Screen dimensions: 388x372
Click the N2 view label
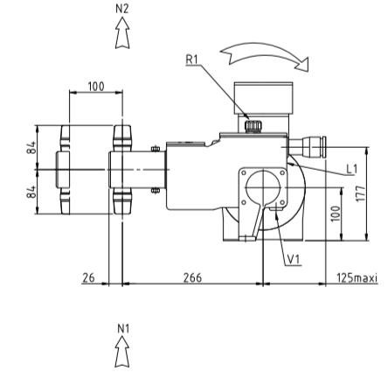point(122,9)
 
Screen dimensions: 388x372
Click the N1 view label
point(123,329)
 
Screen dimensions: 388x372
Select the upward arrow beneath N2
point(122,32)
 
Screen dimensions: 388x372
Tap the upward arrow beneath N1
point(122,352)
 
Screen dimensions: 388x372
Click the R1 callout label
point(191,60)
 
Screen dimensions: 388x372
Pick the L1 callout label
point(351,169)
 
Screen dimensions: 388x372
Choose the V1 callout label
point(294,259)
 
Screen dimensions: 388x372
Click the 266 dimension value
point(192,277)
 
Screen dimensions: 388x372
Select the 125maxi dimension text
point(357,277)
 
